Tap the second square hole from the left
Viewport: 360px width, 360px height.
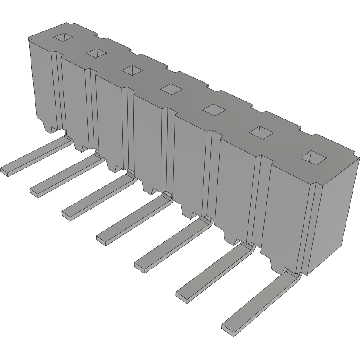[x=97, y=53]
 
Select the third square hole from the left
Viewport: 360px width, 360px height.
[x=131, y=70]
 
